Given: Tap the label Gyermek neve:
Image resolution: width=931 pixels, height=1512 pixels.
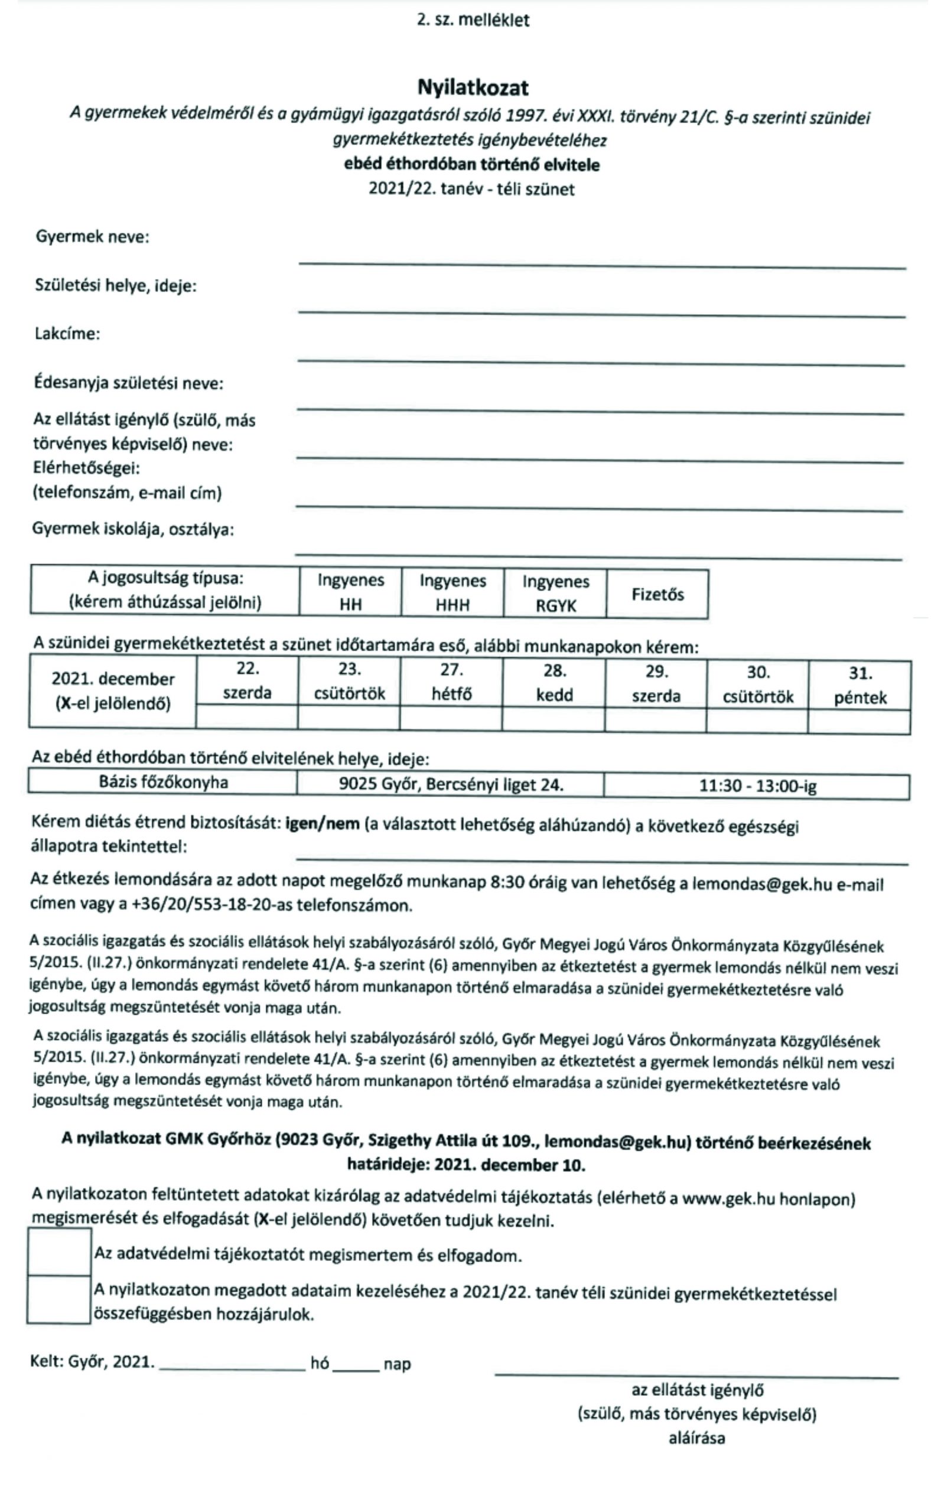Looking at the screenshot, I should click(92, 237).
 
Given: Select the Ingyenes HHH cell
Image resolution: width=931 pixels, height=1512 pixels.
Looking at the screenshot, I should click(453, 592).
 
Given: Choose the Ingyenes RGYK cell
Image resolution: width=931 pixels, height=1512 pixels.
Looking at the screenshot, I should click(555, 594).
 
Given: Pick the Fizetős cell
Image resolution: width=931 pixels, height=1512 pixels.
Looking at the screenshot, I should click(657, 595).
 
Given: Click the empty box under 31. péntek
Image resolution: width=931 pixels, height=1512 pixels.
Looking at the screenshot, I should click(860, 721).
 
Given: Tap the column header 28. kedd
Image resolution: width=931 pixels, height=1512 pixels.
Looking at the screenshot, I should click(554, 683).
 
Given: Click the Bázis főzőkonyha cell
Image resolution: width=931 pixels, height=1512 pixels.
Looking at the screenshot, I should click(163, 783).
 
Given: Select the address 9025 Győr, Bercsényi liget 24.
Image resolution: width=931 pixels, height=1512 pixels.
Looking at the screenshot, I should click(451, 784).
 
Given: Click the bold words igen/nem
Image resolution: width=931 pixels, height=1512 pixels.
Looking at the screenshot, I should click(322, 824).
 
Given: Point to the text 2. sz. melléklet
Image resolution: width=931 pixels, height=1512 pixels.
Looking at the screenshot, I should click(473, 20).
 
